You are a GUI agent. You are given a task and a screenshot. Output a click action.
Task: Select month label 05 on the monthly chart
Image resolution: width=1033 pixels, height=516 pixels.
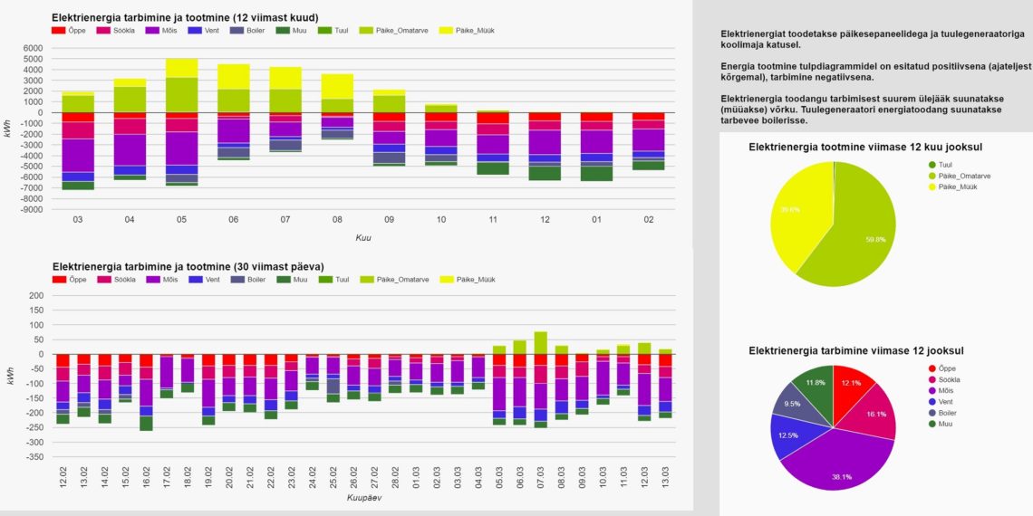[181, 220]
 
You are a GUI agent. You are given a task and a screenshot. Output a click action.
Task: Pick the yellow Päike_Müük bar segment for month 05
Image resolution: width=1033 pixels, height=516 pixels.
[181, 68]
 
